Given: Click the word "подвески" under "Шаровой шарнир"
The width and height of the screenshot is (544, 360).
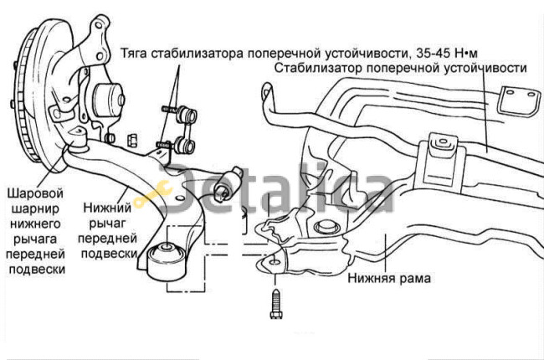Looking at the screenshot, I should point(35,270).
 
